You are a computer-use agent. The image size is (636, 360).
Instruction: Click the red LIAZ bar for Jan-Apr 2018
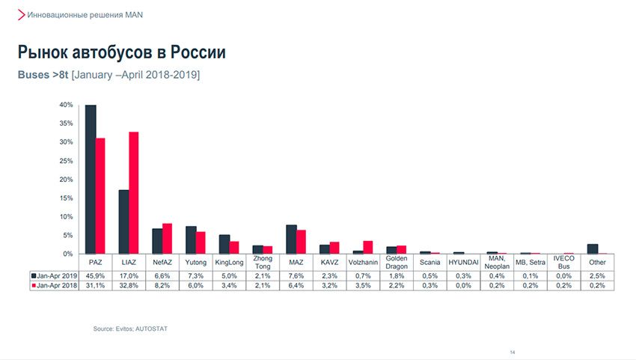click(x=134, y=193)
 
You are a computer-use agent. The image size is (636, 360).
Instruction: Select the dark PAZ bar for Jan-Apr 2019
click(x=91, y=180)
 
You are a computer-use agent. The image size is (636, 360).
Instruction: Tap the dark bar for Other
click(x=593, y=248)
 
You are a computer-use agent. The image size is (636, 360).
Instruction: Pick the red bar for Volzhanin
click(x=367, y=247)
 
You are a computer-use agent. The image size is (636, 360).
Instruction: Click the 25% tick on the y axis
click(x=67, y=161)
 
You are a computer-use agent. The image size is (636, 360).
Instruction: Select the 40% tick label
click(x=67, y=105)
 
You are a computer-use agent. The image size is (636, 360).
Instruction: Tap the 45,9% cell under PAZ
click(x=96, y=275)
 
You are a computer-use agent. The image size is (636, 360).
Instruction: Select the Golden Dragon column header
click(x=397, y=262)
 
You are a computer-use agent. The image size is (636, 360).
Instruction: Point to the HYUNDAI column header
click(x=463, y=262)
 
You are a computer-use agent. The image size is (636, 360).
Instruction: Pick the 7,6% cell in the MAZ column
click(x=296, y=275)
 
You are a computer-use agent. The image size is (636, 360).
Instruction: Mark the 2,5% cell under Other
click(x=597, y=275)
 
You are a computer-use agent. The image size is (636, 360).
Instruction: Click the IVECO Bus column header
click(x=563, y=262)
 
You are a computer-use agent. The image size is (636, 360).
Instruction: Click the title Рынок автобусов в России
click(x=121, y=52)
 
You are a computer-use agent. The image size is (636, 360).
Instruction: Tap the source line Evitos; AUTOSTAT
click(x=125, y=328)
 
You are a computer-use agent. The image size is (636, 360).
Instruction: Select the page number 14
click(x=513, y=353)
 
